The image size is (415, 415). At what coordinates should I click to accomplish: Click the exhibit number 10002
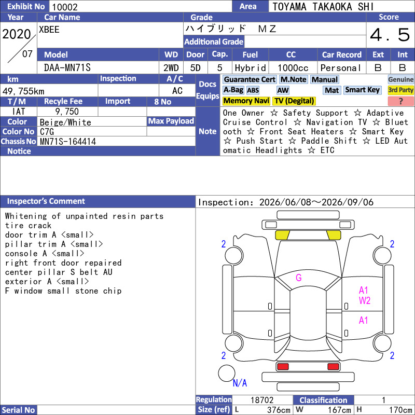[x=65, y=7]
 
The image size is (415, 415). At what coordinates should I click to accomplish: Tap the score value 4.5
[x=390, y=35]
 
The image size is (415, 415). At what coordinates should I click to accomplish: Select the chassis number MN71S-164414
[x=68, y=142]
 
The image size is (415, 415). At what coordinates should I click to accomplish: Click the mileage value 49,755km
[x=23, y=91]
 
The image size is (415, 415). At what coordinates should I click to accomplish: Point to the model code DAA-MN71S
[x=67, y=68]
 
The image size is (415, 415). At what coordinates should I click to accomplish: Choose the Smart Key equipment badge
[x=362, y=90]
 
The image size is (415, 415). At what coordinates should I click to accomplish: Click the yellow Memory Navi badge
[x=246, y=101]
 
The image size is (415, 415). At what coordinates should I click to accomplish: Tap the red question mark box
[x=400, y=101]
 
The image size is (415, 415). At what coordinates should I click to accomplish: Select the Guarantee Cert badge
[x=250, y=79]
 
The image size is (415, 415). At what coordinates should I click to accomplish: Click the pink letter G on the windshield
[x=299, y=278]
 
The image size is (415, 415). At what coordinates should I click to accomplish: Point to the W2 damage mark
[x=365, y=301]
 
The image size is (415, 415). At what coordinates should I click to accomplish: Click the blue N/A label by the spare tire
[x=240, y=383]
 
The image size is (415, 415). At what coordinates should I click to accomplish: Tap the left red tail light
[x=283, y=367]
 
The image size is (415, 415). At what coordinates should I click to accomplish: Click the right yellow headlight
[x=334, y=235]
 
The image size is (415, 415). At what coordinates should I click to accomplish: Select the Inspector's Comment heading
[x=46, y=201]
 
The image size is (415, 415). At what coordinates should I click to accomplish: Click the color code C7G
[x=47, y=132]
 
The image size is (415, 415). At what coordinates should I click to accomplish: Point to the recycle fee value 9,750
[x=67, y=112]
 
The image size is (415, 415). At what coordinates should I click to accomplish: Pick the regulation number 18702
[x=262, y=400]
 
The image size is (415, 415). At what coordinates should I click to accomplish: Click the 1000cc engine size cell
[x=293, y=68]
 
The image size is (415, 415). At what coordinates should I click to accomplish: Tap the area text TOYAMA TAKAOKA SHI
[x=323, y=7]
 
